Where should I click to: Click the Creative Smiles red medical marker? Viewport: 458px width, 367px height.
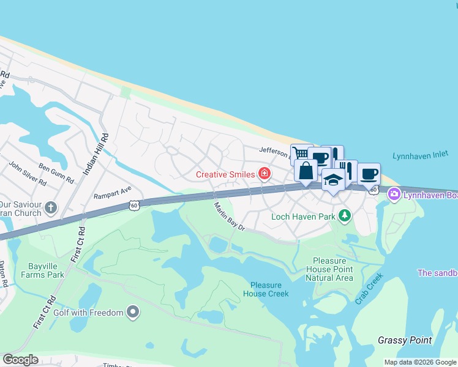(265, 174)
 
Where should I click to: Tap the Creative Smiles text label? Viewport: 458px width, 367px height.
(225, 174)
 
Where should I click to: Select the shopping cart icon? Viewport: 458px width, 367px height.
(301, 154)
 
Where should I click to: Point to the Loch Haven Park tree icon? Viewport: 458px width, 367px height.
(345, 216)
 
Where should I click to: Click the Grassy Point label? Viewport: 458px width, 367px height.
(404, 340)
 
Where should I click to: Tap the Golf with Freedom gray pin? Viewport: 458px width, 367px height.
(133, 313)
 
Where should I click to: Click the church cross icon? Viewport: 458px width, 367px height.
(50, 208)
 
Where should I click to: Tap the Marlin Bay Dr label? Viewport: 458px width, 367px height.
(229, 217)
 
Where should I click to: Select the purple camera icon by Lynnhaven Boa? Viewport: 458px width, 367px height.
(394, 194)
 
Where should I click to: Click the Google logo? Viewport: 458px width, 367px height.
(20, 360)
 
